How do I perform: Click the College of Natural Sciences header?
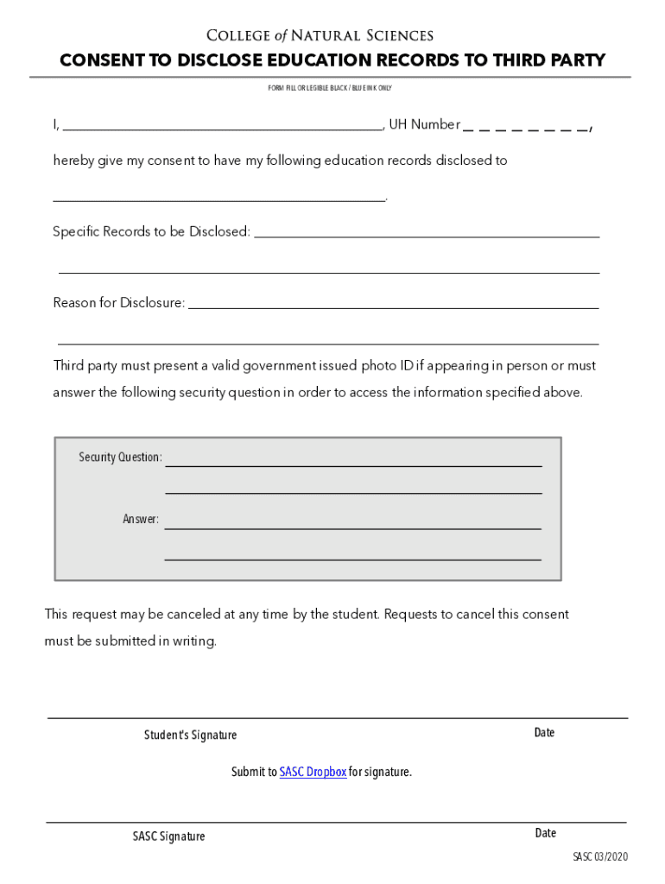320,35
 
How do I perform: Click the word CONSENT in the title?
101,60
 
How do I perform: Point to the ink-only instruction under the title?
330,88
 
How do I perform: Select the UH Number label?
424,124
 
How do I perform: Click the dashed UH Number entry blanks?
526,127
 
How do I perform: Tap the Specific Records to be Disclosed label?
151,231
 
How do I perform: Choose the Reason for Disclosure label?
119,303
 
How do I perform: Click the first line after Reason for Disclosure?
393,306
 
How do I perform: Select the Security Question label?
120,457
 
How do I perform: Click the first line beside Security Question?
353,464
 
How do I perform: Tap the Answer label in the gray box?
141,519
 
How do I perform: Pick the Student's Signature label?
190,735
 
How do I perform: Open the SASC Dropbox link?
313,772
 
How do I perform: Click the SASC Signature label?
168,836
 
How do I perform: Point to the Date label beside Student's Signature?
544,732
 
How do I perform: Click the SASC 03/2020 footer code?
600,856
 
